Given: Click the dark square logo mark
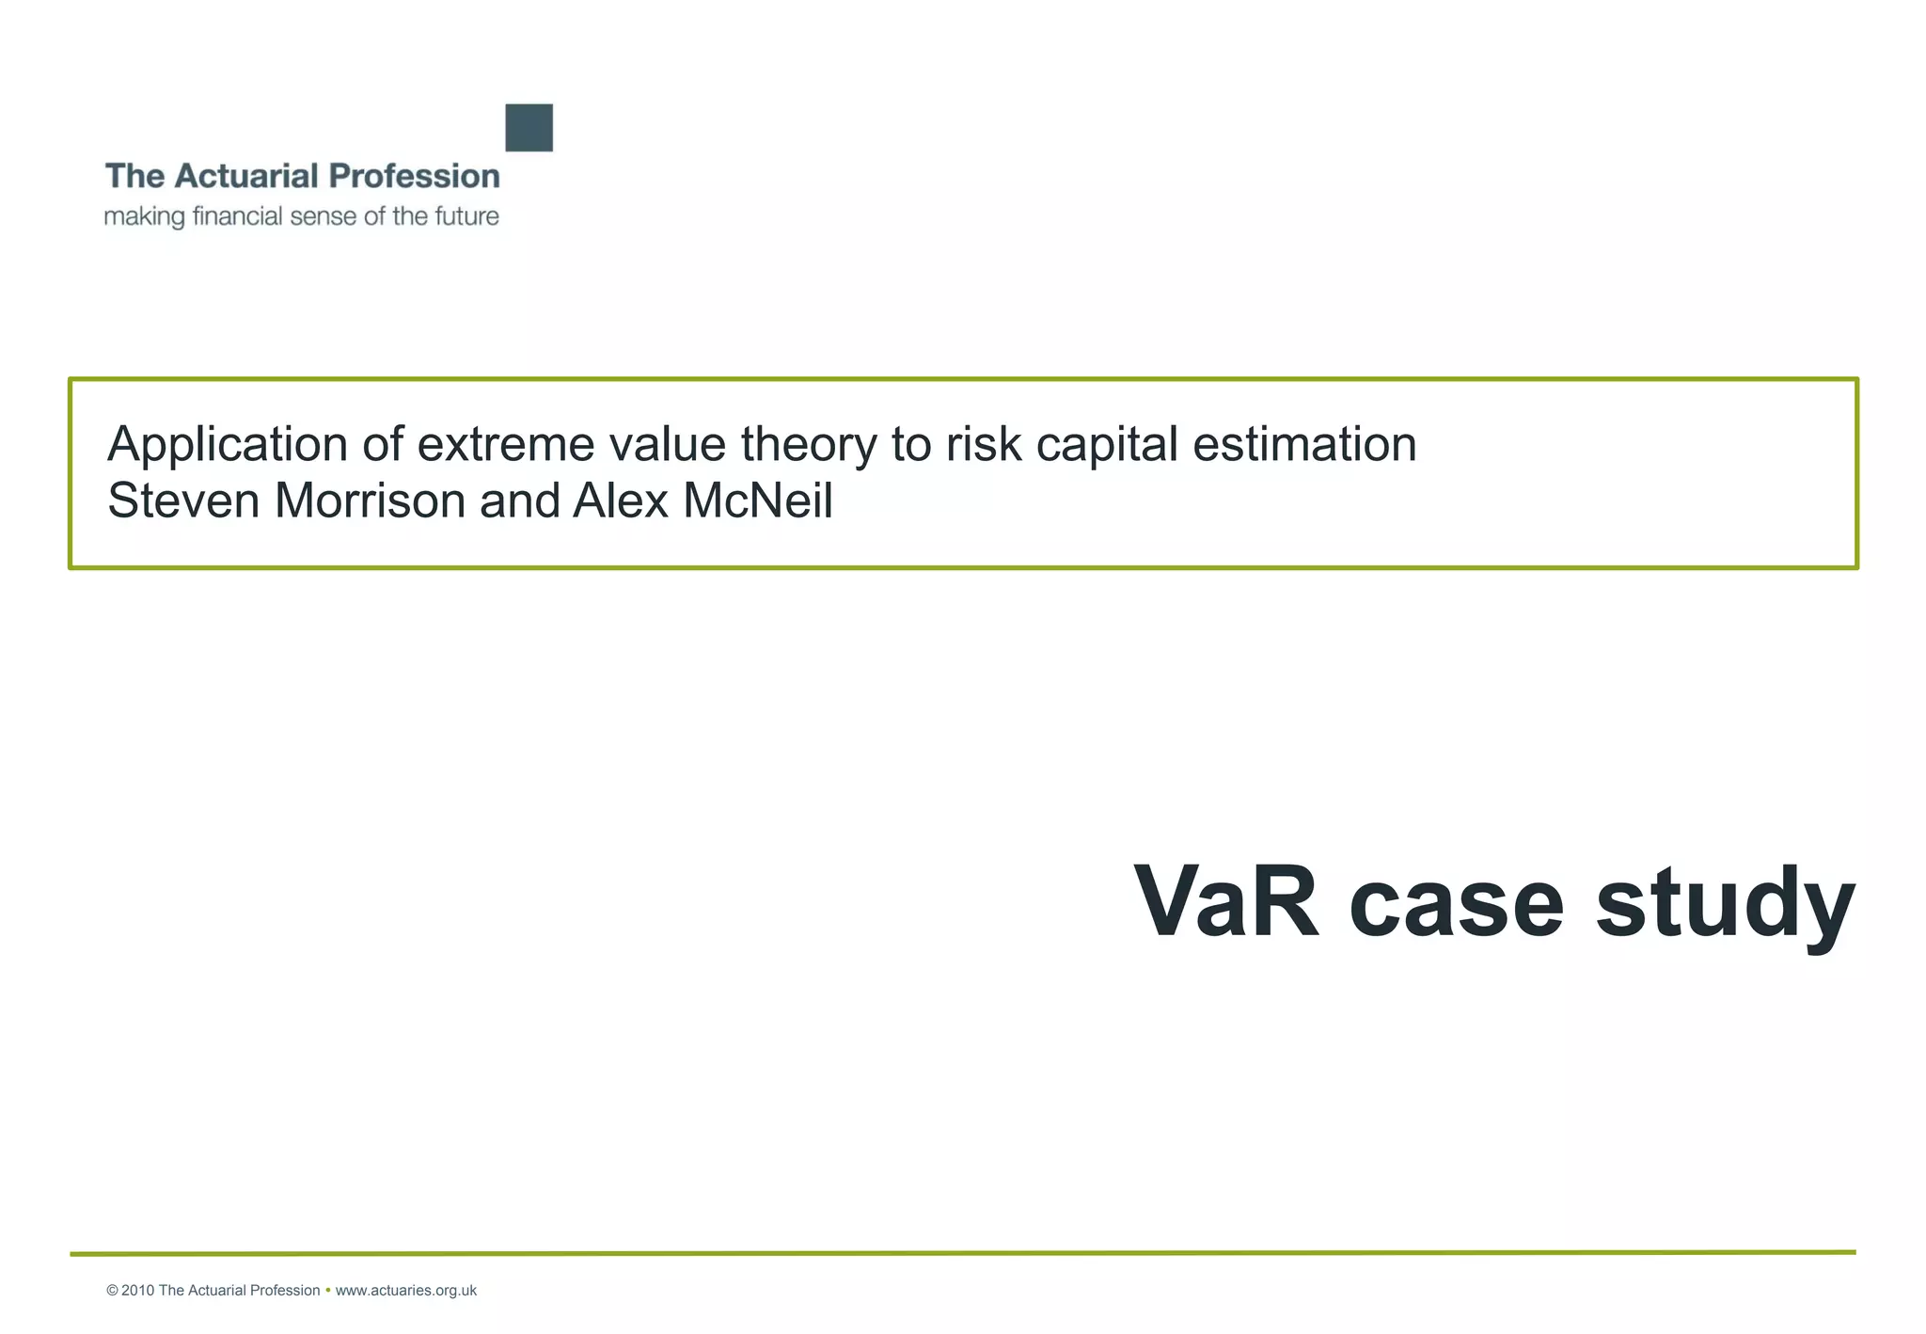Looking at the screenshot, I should click(x=529, y=128).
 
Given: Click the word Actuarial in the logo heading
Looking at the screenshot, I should click(x=246, y=176).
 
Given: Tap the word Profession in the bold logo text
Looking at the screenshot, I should click(x=414, y=176).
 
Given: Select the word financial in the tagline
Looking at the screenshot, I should click(x=237, y=216).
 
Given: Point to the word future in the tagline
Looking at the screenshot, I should click(x=466, y=216).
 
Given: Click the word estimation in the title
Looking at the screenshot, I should click(x=1304, y=445).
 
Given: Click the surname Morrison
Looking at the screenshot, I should click(x=370, y=500).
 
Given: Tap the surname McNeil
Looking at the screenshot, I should click(x=758, y=500).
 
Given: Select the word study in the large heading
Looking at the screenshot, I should click(x=1726, y=903).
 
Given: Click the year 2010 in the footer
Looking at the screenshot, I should click(x=137, y=1291).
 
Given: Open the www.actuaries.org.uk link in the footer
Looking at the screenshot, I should click(x=406, y=1291).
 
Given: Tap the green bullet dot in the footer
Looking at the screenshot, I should click(x=327, y=1291).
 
